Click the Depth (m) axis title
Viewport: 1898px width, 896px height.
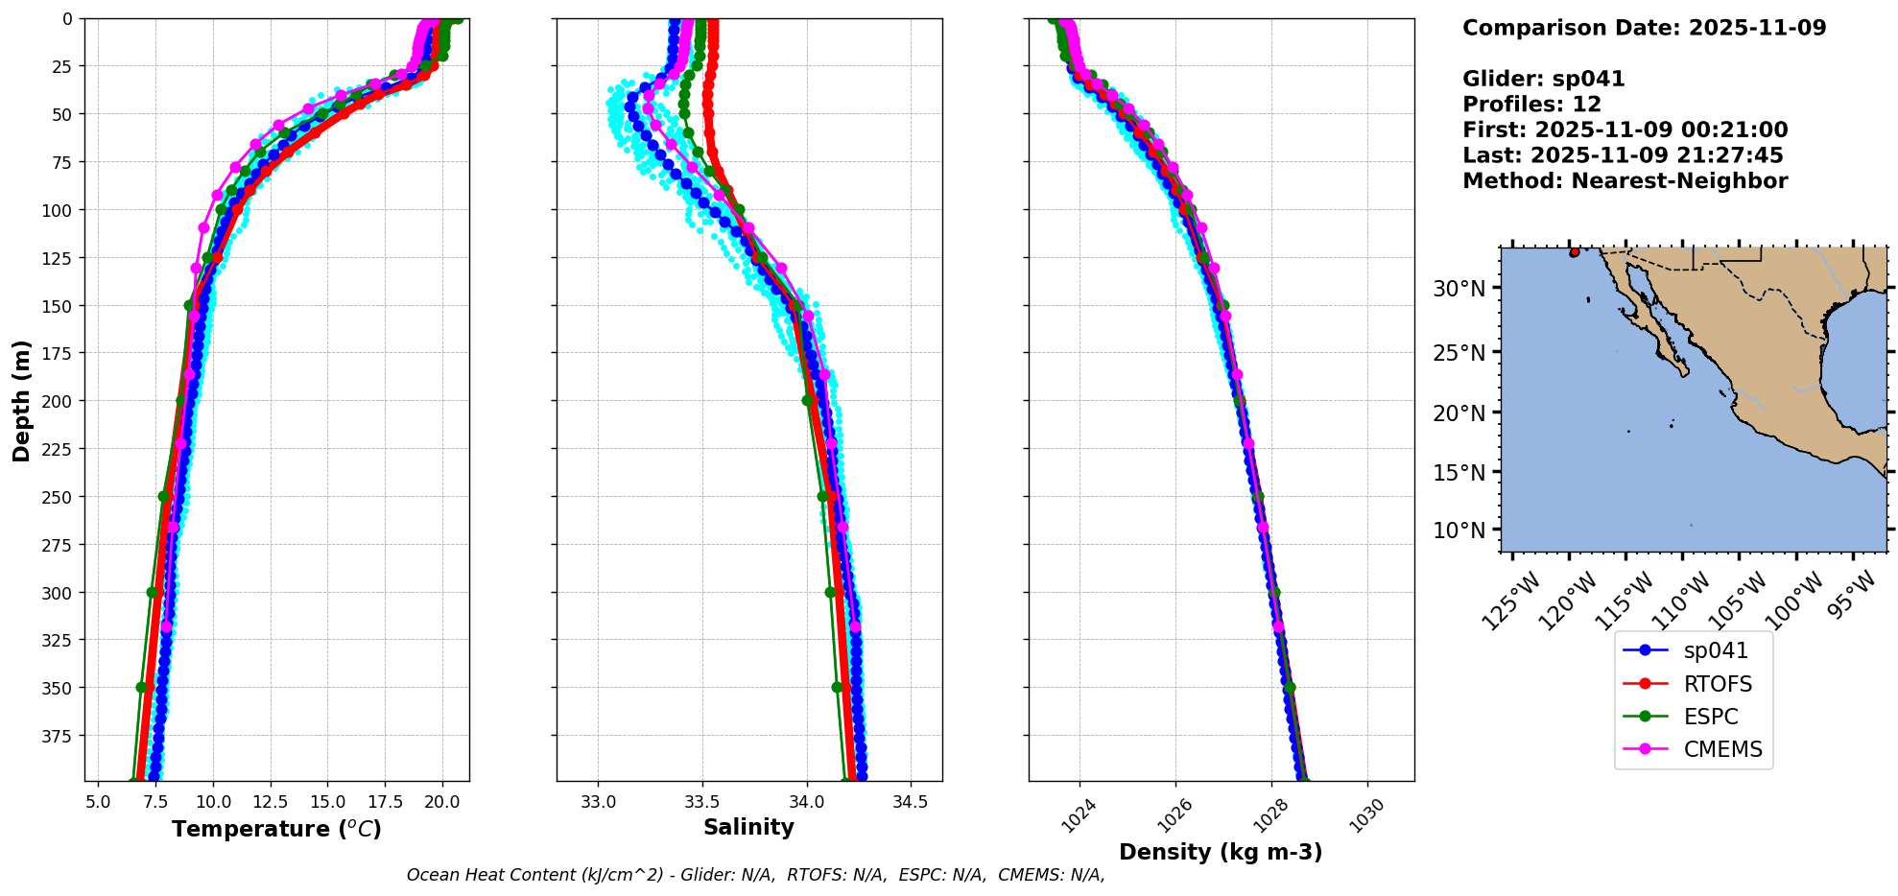pyautogui.click(x=21, y=400)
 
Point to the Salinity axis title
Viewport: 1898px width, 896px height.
pyautogui.click(x=748, y=827)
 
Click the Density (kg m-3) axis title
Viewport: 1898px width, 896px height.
pyautogui.click(x=1221, y=852)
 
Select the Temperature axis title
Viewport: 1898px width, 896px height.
pyautogui.click(x=276, y=829)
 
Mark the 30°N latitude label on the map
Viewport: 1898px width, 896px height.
pyautogui.click(x=1459, y=289)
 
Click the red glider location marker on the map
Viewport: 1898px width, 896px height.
pyautogui.click(x=1575, y=252)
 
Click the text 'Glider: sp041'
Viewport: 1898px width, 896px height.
pyautogui.click(x=1543, y=79)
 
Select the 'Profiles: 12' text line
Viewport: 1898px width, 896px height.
pyautogui.click(x=1531, y=105)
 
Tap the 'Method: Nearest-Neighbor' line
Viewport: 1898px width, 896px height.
pyautogui.click(x=1625, y=181)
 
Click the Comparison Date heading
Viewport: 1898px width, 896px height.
pyautogui.click(x=1644, y=28)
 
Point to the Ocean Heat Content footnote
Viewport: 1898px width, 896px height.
pyautogui.click(x=755, y=875)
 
